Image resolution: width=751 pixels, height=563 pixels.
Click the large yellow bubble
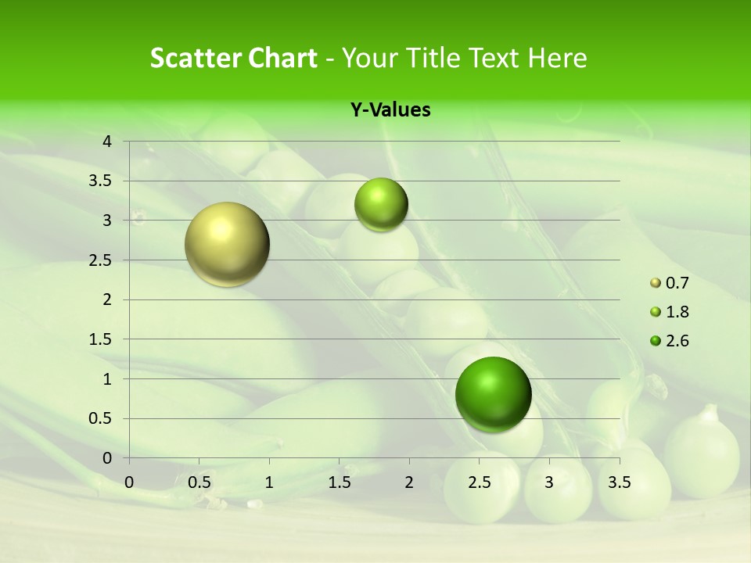pyautogui.click(x=227, y=244)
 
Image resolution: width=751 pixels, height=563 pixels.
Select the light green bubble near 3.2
pyautogui.click(x=381, y=204)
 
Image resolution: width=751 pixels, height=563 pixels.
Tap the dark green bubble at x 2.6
pyautogui.click(x=493, y=394)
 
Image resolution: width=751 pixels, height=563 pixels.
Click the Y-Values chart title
pyautogui.click(x=390, y=110)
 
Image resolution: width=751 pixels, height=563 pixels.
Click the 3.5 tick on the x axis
pyautogui.click(x=620, y=482)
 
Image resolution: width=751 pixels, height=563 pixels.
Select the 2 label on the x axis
pyautogui.click(x=409, y=482)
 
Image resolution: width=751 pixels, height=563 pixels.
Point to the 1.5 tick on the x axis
pyautogui.click(x=340, y=482)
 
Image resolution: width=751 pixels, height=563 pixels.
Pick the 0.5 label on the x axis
pyautogui.click(x=199, y=482)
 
